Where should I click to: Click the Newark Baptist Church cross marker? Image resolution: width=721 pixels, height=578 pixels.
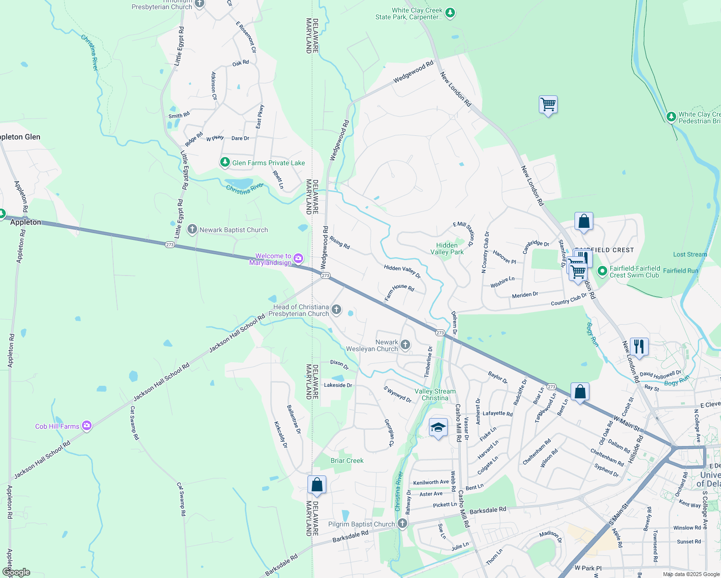point(192,229)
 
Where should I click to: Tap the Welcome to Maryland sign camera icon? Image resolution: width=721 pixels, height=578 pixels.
point(298,259)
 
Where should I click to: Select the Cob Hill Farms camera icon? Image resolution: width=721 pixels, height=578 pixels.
point(87,425)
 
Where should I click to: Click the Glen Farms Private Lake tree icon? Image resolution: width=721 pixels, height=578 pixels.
point(225,162)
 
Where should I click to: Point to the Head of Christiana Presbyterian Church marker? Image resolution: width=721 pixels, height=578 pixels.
point(336,310)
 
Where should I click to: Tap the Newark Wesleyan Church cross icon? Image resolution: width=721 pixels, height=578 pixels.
point(405,344)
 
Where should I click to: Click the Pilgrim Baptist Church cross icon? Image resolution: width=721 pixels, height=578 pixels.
point(402,524)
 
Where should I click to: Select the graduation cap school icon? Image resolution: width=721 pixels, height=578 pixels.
point(438,427)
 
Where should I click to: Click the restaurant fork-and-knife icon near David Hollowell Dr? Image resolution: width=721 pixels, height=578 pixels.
point(639,346)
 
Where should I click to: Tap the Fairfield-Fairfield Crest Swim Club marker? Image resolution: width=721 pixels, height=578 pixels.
point(602,271)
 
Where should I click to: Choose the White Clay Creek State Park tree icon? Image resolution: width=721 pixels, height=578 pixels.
point(450,13)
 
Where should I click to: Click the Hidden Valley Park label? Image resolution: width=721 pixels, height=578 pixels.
point(447,249)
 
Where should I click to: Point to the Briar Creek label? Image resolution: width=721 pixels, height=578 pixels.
point(347,460)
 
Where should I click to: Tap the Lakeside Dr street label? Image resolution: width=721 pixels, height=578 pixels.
point(338,385)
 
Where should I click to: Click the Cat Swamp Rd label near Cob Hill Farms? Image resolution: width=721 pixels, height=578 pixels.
point(134,423)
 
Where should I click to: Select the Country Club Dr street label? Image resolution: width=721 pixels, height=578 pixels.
point(569,300)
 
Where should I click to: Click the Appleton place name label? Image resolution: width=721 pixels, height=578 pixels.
point(26,222)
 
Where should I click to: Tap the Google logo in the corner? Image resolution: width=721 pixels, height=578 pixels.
point(16,572)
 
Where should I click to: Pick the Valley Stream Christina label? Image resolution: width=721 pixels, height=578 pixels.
point(435,394)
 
